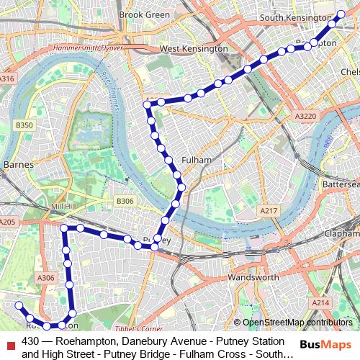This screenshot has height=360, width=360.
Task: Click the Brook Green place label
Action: tap(144, 14)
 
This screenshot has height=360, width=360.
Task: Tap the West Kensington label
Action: tap(194, 49)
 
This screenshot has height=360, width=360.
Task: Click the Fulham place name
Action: tap(197, 159)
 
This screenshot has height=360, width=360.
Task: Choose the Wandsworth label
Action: tap(253, 277)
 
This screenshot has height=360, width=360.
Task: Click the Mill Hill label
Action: tap(63, 206)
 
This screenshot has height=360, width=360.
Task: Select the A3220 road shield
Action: tap(305, 115)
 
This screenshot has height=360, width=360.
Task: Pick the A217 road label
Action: tap(269, 210)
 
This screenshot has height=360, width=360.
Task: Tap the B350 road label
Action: tap(24, 125)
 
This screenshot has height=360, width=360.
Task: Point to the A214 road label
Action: tap(320, 303)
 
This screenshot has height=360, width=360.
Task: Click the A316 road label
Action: tap(6, 78)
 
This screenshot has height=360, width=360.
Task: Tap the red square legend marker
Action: tap(9, 341)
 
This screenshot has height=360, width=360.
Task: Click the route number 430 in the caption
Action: tap(30, 341)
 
